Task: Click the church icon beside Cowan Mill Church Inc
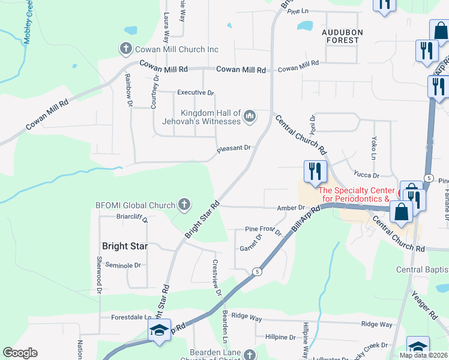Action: tap(126, 49)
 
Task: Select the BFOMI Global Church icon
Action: tap(184, 205)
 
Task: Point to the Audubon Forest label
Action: tap(340, 36)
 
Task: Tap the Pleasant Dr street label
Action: tap(234, 148)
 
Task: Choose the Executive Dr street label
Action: tap(195, 93)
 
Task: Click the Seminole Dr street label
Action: tap(123, 265)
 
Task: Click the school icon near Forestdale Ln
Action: tap(159, 331)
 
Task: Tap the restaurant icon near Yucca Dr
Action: tap(315, 172)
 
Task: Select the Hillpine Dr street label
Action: tap(280, 337)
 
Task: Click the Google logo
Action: tap(20, 353)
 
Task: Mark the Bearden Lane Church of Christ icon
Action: tap(250, 356)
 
